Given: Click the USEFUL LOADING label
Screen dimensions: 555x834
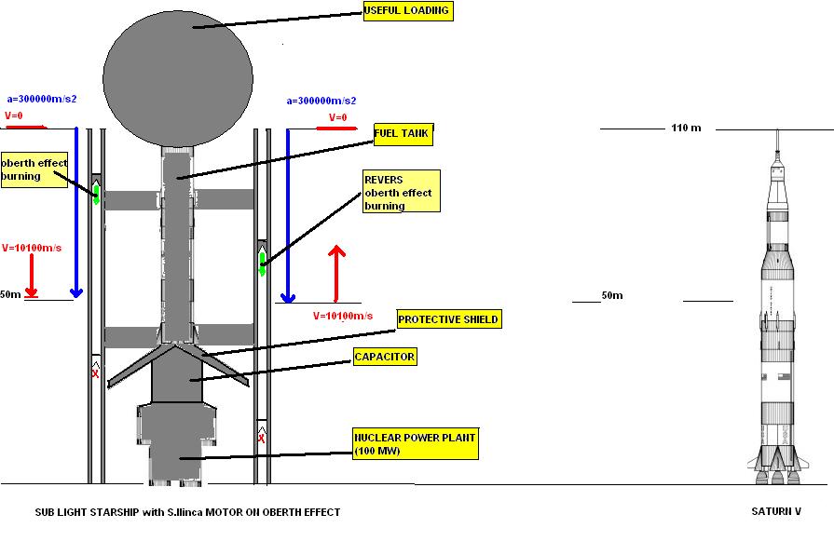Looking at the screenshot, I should (407, 11).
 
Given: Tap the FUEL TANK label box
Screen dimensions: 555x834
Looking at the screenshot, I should (402, 134).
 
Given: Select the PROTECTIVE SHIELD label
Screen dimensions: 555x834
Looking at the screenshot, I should (448, 319).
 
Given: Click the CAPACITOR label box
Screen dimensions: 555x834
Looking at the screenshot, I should (384, 357).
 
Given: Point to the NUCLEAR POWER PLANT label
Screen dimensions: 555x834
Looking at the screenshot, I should (415, 444).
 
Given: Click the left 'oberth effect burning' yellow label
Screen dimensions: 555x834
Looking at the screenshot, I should (34, 169).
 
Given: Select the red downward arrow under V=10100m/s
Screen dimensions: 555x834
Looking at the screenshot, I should (32, 276).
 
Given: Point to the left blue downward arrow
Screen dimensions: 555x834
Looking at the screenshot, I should (76, 214).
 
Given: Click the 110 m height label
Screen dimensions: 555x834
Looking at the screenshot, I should (685, 128).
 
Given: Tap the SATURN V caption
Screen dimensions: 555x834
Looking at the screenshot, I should (775, 511).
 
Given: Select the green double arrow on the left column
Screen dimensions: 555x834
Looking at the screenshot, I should (96, 194).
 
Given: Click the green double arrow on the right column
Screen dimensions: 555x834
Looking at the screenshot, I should (262, 263).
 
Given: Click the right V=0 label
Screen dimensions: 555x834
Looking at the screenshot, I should (337, 118).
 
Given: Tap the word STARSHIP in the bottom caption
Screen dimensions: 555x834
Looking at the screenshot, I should (105, 512).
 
